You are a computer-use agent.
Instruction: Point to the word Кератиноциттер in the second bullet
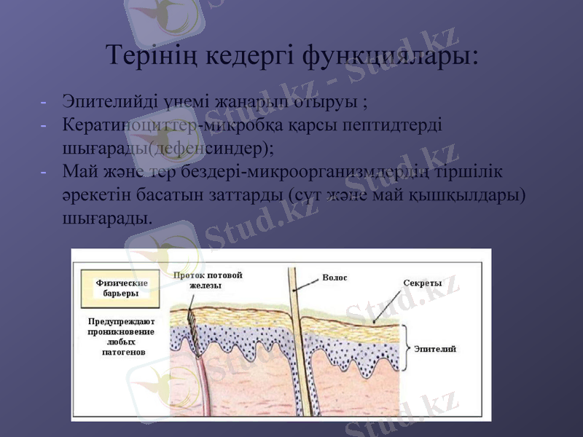pyautogui.click(x=130, y=125)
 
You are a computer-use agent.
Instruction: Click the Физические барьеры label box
pyautogui.click(x=122, y=288)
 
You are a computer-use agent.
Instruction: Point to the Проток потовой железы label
pyautogui.click(x=208, y=280)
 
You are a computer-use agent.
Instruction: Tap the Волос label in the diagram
pyautogui.click(x=334, y=277)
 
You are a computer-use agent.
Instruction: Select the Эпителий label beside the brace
pyautogui.click(x=435, y=350)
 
